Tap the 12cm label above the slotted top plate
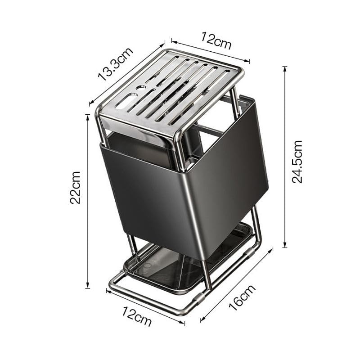pos(216,40)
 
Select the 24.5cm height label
pos(297,162)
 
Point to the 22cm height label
pos(75,188)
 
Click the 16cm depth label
pos(242,297)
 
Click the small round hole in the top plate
pos(141,87)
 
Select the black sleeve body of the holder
pos(184,184)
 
